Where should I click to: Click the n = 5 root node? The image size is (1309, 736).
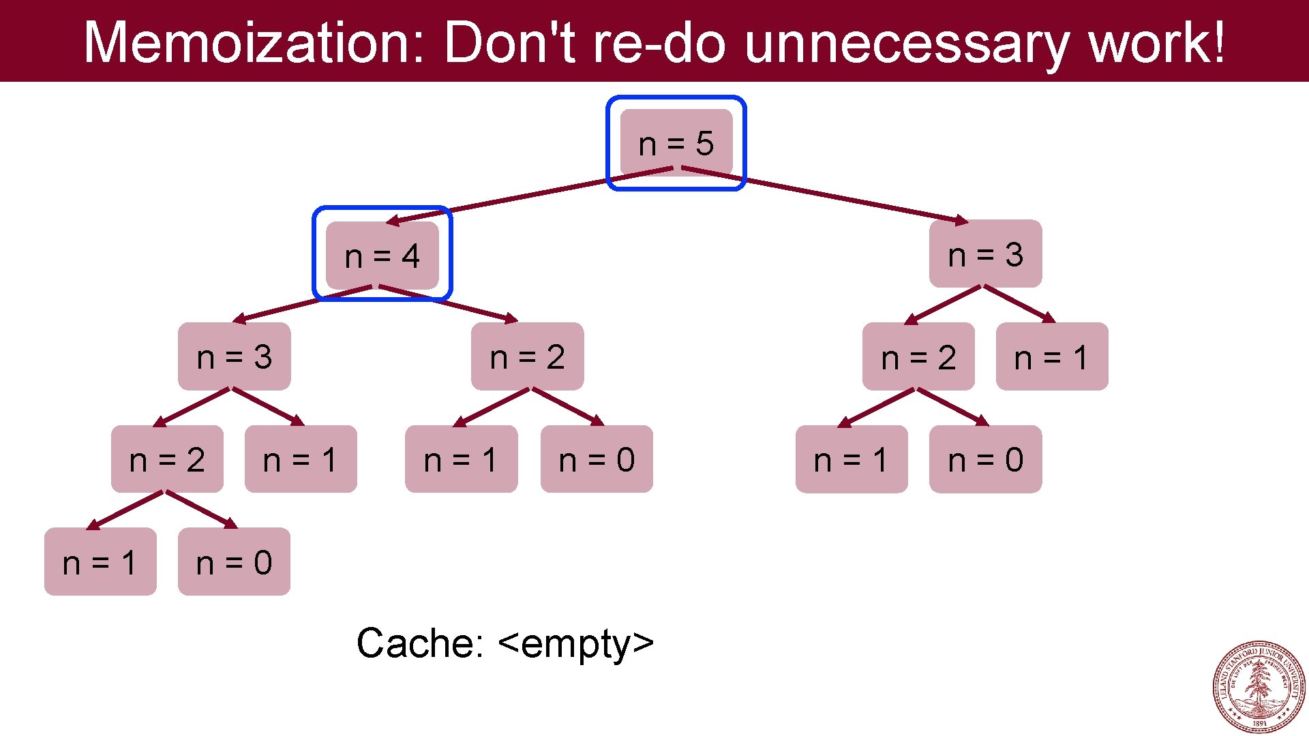[x=676, y=143]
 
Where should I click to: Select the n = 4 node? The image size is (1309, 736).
[x=382, y=256]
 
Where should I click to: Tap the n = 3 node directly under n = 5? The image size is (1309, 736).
[x=985, y=254]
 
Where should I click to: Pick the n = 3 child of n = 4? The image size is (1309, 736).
[x=234, y=356]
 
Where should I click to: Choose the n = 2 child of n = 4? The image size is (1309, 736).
[x=527, y=356]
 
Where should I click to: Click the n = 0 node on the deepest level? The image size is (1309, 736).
[x=234, y=562]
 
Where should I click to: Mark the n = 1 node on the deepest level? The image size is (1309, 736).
[x=100, y=562]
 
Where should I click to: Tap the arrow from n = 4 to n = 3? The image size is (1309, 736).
[x=303, y=303]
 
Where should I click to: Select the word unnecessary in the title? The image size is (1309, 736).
[x=907, y=42]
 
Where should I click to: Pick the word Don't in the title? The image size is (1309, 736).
[x=510, y=42]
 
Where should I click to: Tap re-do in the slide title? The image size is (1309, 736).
[x=659, y=42]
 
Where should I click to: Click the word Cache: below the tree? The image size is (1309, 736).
[x=420, y=643]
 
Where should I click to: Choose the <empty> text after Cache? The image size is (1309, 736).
[x=576, y=643]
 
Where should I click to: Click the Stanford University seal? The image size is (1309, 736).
[x=1259, y=686]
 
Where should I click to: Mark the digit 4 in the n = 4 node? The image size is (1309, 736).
[x=410, y=256]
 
